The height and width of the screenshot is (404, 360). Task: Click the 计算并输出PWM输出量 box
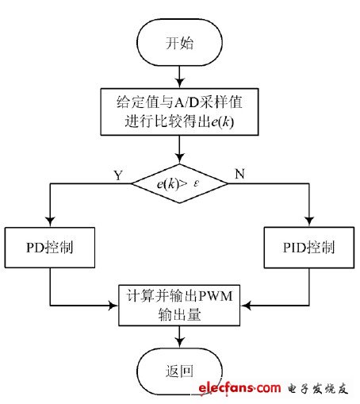point(182,305)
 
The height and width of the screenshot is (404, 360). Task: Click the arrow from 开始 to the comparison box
point(182,76)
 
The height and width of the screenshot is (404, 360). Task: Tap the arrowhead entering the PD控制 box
point(50,225)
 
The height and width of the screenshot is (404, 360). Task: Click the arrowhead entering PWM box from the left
point(114,305)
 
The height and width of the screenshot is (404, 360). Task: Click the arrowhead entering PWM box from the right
point(249,305)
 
